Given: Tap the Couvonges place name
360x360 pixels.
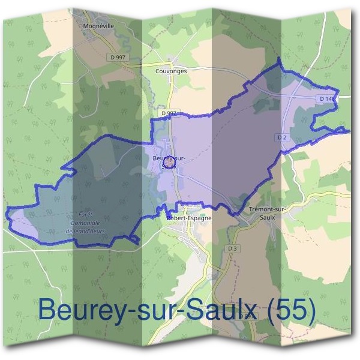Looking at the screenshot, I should [170, 70].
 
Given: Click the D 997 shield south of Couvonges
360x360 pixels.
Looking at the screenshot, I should [169, 112].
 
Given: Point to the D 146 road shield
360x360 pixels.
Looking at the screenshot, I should [327, 98].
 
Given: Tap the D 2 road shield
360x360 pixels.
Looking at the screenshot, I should [281, 137].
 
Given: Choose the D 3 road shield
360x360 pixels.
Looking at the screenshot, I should [233, 247].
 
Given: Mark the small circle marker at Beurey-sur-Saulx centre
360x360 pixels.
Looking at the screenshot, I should [169, 160].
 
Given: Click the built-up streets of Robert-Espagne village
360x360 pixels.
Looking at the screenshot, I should [192, 237].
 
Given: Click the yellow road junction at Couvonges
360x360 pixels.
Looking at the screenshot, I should [170, 62].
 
